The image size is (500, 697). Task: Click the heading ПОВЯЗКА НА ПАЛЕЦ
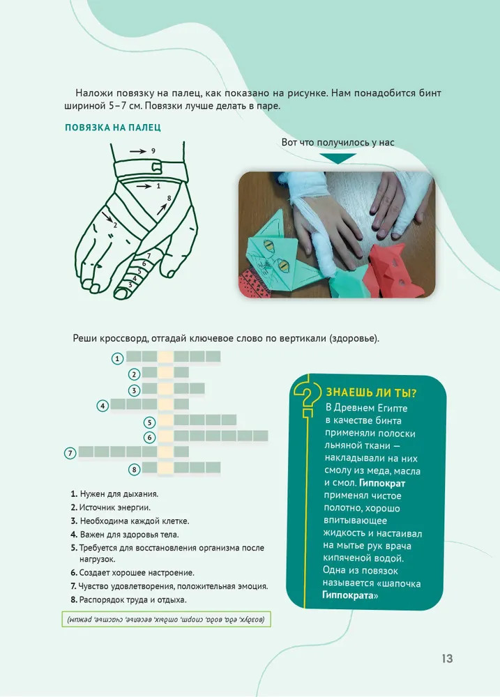tap(113, 128)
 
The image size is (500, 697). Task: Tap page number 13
tap(447, 659)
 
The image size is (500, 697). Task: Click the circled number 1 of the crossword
tap(117, 358)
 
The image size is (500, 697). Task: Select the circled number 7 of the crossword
tap(70, 454)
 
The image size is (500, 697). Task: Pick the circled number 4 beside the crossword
tap(103, 406)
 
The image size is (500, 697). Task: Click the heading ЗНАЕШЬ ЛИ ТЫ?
tap(372, 392)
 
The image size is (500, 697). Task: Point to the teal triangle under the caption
tap(338, 158)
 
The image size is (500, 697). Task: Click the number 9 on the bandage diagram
tap(153, 151)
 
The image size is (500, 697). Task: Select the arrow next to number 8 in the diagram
tap(162, 209)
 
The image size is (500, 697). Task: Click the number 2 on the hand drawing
tap(115, 225)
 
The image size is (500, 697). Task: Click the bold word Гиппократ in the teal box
tap(382, 483)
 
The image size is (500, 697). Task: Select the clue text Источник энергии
tap(115, 507)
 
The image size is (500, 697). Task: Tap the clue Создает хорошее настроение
tap(137, 572)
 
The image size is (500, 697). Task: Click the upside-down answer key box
tap(167, 619)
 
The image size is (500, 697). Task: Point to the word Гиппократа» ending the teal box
tap(350, 595)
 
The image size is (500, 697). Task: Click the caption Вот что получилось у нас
tap(338, 142)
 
